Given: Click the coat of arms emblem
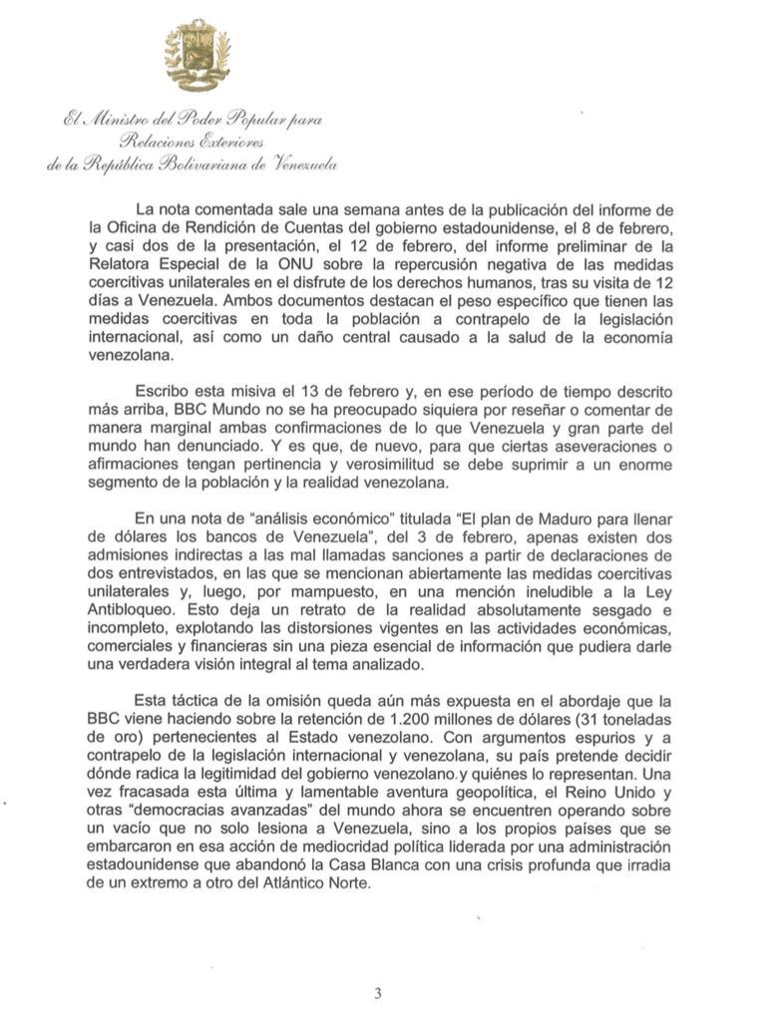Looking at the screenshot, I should [197, 57].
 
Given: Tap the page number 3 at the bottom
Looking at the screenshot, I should [378, 992].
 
